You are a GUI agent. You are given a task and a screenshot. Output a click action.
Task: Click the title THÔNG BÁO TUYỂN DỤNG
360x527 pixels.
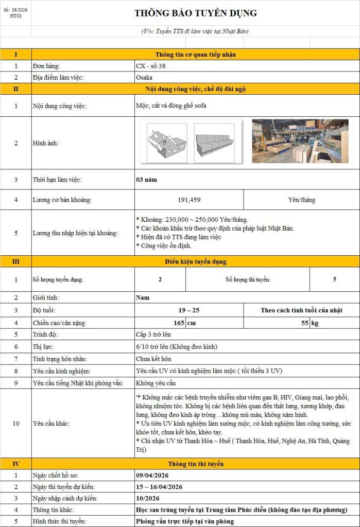(195, 13)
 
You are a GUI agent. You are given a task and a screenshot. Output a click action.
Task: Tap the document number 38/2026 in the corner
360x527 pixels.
(16, 10)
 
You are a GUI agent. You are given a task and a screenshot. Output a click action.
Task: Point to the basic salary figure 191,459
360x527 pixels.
(189, 200)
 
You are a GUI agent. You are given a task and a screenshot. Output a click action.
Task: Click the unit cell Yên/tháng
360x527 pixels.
(301, 200)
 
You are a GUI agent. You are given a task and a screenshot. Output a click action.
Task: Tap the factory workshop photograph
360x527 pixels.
(300, 141)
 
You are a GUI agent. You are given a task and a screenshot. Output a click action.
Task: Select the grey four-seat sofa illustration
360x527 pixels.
(217, 143)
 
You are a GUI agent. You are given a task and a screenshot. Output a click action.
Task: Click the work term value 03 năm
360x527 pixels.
(146, 180)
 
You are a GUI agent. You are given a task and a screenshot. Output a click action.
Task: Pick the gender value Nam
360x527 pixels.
(143, 297)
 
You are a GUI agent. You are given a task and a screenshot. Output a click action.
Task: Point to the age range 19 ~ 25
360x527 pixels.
(188, 310)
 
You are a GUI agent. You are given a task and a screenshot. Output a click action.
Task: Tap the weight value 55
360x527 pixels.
(305, 323)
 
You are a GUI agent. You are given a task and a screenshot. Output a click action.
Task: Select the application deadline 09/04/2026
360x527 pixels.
(152, 475)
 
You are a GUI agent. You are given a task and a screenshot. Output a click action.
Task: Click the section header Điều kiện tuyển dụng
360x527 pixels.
(195, 261)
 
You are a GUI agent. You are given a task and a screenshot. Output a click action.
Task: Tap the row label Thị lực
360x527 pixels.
(43, 347)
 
